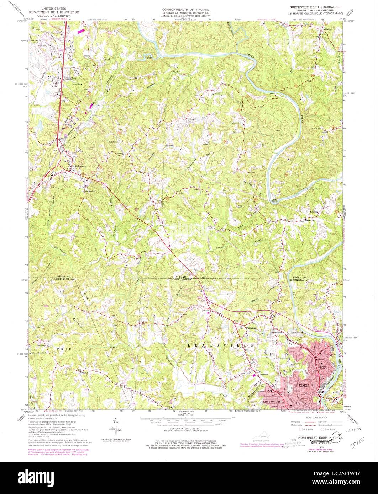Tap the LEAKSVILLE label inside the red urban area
(273, 402)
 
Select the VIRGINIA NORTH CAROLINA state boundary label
(184, 278)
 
